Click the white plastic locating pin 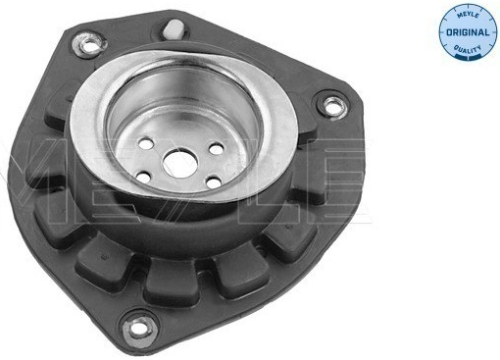[x=174, y=28]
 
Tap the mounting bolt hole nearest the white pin [x=89, y=44]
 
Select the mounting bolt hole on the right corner [x=332, y=105]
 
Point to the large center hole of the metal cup [x=179, y=165]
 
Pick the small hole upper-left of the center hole [x=146, y=143]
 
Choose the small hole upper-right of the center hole [x=217, y=149]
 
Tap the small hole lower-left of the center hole [x=143, y=177]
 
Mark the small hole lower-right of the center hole [x=214, y=182]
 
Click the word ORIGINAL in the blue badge [x=468, y=32]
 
